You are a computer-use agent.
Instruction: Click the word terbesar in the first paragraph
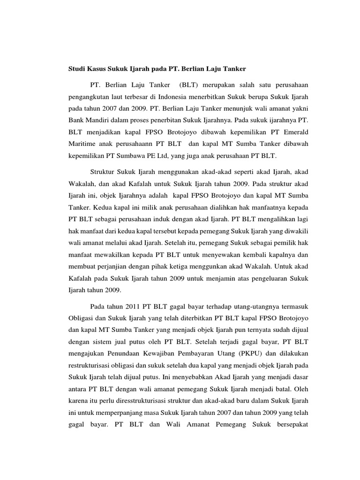[x=146, y=97]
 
